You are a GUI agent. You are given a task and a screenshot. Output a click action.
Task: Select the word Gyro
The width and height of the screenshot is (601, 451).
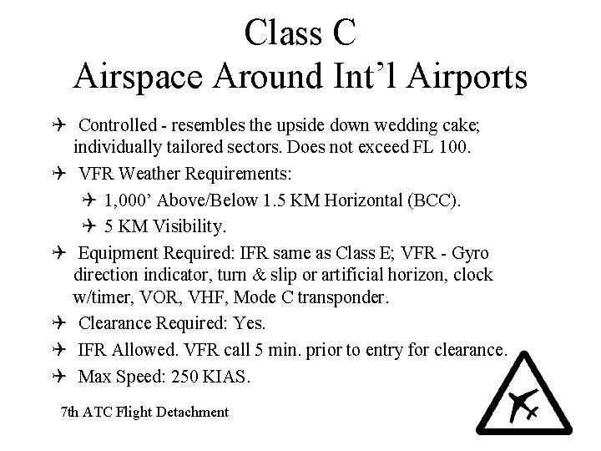tap(470, 252)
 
